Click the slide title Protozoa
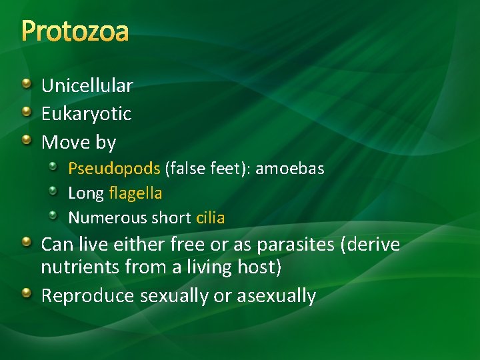(75, 31)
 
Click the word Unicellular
(87, 85)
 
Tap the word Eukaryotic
(86, 114)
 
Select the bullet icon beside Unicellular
(26, 83)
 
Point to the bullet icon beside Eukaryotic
(26, 111)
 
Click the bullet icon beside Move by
(26, 140)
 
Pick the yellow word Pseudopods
(114, 169)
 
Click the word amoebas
(290, 169)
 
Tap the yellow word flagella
(135, 193)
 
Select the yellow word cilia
(210, 218)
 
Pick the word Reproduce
(87, 296)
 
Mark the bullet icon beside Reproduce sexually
(26, 293)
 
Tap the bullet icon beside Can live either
(26, 243)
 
